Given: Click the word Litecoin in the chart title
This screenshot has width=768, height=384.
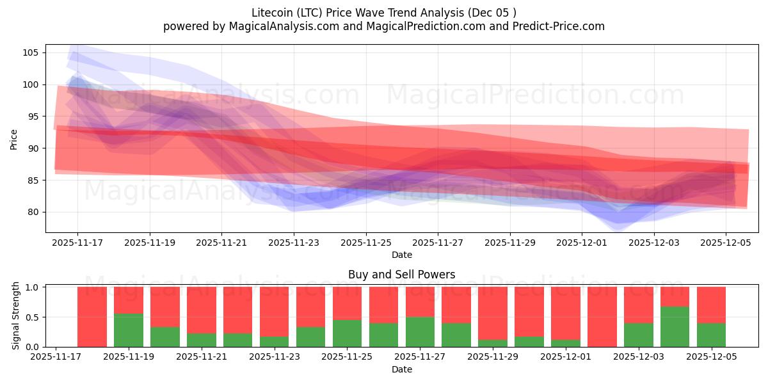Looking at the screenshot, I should point(272,12).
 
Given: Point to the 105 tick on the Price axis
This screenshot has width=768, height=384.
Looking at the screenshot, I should point(32,52).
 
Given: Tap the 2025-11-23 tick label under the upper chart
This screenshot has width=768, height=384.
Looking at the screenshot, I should point(294,243).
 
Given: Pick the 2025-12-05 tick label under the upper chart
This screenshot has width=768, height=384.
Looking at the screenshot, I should point(726,243).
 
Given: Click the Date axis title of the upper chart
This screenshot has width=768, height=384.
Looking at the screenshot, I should point(402,255).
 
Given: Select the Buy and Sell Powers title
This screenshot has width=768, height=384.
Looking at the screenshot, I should point(402,275).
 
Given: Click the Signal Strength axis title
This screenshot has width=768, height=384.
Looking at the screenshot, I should point(16,316).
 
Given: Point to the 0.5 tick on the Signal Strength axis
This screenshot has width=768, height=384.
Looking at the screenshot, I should point(33,317).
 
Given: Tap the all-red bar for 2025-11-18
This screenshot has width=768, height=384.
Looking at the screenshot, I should point(92,317).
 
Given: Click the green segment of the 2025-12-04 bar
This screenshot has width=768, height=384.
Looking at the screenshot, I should point(675,327).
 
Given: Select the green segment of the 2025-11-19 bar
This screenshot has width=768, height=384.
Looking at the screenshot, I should point(129,330).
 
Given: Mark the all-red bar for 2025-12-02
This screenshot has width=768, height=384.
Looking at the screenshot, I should point(602,317).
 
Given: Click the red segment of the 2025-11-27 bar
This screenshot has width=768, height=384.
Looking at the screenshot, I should point(420,301).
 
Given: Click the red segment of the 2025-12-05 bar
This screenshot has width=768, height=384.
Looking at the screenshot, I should point(711,305).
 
